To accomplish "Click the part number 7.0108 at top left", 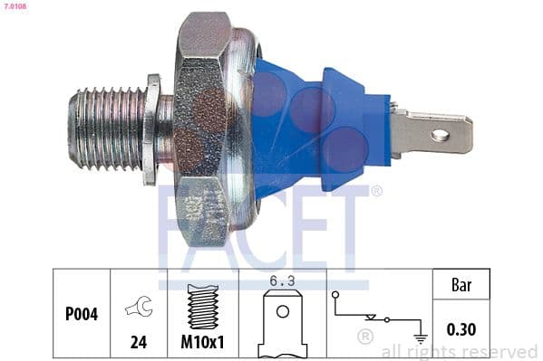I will (x=14, y=6).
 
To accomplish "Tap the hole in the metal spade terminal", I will (x=441, y=136).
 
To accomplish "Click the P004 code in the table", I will (x=82, y=315).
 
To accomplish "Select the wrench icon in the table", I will (x=140, y=308).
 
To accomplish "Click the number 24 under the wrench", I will (x=140, y=344).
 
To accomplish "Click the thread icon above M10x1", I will (x=203, y=308).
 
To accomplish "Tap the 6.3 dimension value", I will (x=283, y=281).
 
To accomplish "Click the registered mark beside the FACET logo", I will (x=377, y=191).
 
